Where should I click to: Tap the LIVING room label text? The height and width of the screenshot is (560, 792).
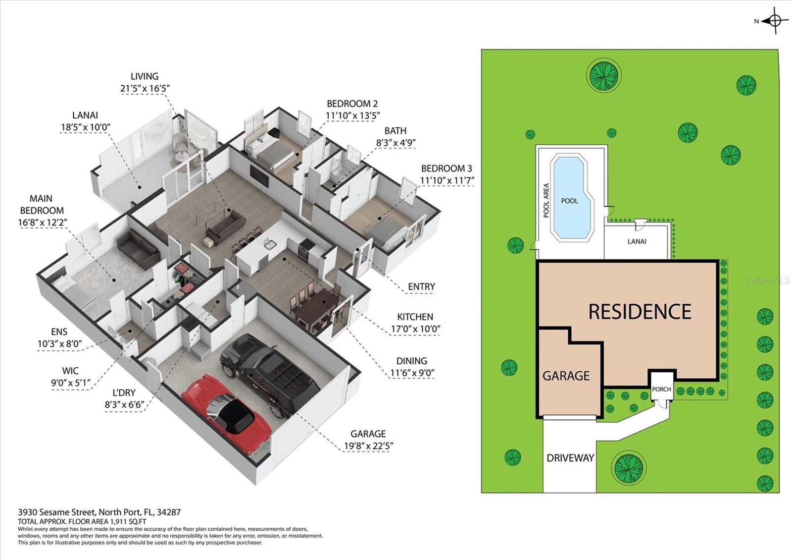145,76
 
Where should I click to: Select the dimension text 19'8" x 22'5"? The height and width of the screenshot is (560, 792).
368,446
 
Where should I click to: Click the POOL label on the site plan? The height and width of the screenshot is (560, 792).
569,201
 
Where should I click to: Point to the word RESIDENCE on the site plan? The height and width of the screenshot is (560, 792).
640,312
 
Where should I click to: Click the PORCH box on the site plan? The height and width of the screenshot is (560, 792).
661,389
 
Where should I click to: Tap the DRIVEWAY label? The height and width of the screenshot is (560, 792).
570,458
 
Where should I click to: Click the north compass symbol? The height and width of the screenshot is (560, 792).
774,21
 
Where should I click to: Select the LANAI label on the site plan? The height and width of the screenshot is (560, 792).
637,241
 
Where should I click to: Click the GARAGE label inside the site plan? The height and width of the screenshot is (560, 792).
566,376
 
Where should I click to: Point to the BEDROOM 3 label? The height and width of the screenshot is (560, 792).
443,168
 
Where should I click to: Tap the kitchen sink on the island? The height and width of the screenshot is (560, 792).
270,244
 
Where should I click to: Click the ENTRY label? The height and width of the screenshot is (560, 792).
421,286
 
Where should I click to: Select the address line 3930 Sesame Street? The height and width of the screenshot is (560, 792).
99,512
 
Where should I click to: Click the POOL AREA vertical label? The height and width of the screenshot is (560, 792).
546,201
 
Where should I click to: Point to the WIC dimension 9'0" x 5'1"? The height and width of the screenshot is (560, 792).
71,383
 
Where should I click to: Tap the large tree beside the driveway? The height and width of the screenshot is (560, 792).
629,467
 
